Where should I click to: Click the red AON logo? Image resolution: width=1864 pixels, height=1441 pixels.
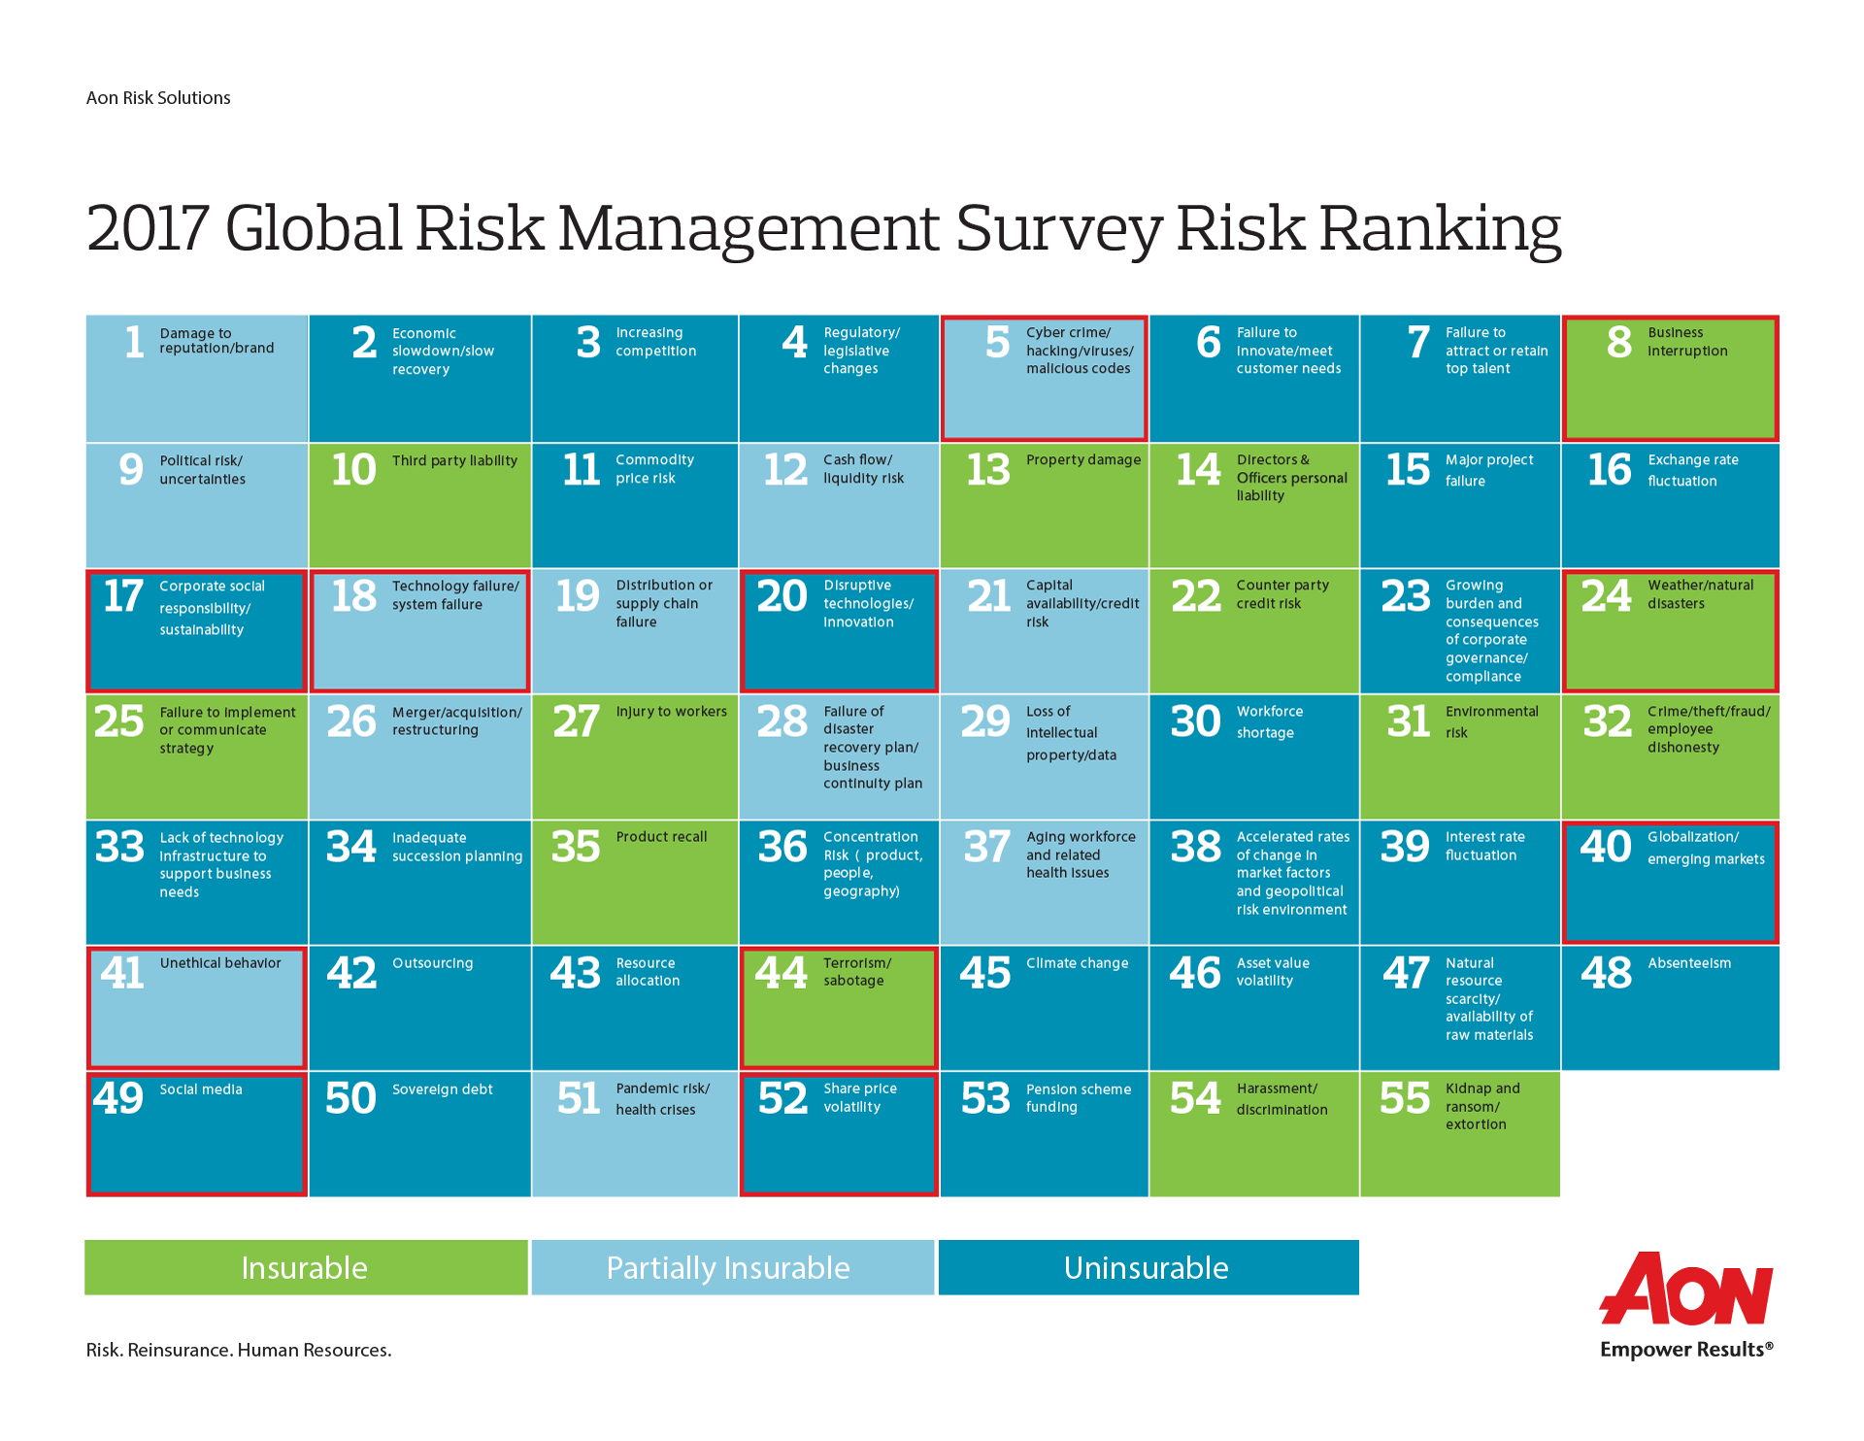(1686, 1289)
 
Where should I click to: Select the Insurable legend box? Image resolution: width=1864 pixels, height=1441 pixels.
(306, 1267)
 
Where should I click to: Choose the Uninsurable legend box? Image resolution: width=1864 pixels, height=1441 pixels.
(1148, 1267)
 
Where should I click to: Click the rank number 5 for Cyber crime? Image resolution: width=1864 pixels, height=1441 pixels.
(998, 342)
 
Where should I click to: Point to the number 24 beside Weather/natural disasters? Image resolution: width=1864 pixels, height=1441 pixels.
(1606, 595)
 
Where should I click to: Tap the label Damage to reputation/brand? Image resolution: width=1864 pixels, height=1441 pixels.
(216, 341)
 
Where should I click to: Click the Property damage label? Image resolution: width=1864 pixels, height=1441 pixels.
(1083, 460)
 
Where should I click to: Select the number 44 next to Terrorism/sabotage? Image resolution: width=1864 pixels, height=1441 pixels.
(782, 972)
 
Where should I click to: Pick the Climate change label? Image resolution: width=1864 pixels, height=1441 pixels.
(1078, 963)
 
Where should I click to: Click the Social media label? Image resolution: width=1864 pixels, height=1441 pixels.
(201, 1089)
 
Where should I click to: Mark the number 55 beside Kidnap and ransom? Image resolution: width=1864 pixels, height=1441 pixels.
(1405, 1098)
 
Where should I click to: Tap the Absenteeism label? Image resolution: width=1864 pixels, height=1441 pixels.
(1689, 963)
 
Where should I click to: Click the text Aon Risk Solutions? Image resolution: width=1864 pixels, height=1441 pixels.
(158, 98)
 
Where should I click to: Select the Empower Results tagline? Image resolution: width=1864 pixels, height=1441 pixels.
(1686, 1350)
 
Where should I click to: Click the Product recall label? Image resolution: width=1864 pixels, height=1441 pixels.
(661, 837)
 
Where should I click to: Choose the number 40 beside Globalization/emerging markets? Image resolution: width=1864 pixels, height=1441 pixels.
(1606, 847)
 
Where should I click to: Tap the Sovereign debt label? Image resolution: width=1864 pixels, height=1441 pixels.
(443, 1089)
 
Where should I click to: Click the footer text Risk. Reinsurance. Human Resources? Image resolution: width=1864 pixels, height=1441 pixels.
(239, 1350)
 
